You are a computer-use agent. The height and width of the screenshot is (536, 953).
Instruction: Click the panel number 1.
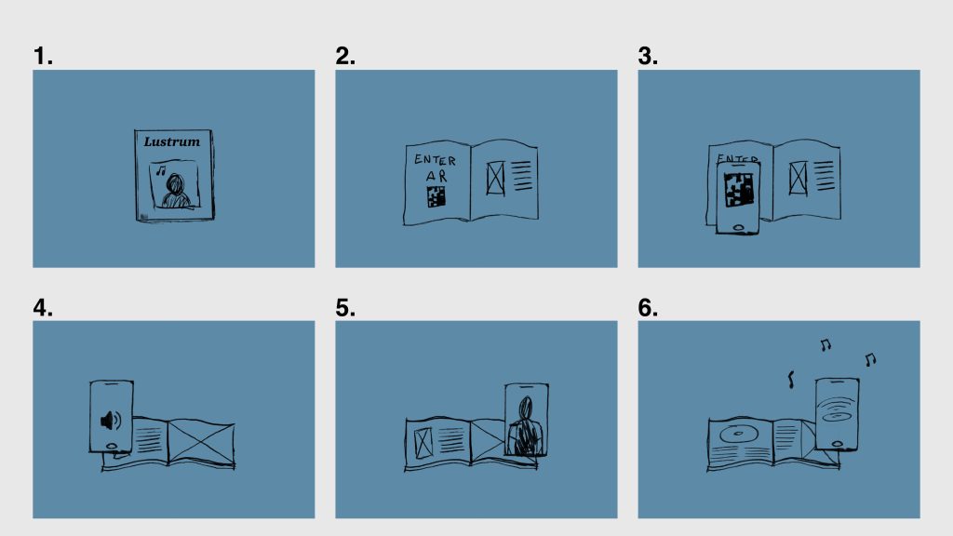click(x=43, y=56)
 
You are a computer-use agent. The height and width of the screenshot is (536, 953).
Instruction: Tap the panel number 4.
click(x=43, y=307)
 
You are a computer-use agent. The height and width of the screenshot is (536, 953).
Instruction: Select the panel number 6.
click(x=648, y=307)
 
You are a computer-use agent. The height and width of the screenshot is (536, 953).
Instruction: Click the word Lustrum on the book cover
click(x=172, y=141)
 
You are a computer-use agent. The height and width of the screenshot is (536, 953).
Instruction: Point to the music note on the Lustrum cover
click(x=160, y=171)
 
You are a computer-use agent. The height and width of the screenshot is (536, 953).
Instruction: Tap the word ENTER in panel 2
click(x=435, y=160)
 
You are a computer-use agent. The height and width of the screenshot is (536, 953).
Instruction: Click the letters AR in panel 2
click(x=436, y=176)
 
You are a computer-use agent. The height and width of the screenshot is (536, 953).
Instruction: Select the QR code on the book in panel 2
click(x=436, y=196)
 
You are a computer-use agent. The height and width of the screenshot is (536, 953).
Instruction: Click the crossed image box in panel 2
click(x=495, y=178)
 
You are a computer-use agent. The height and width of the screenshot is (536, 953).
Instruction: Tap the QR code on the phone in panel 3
click(x=738, y=190)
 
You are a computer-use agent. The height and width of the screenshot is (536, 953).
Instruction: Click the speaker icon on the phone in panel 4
click(x=111, y=420)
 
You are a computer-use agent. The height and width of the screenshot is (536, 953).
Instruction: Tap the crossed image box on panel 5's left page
click(x=423, y=442)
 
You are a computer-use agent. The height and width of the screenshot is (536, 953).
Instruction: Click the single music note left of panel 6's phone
click(x=791, y=380)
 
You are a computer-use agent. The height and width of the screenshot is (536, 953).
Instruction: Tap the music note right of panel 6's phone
click(x=870, y=360)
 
